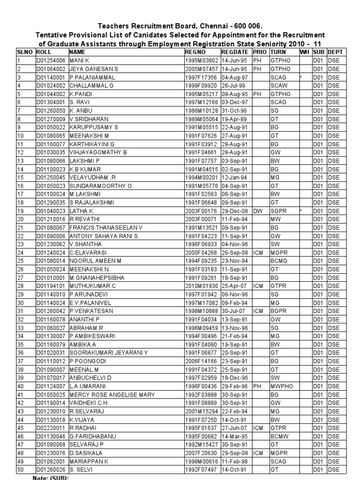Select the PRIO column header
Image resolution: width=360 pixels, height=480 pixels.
pos(259,53)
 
